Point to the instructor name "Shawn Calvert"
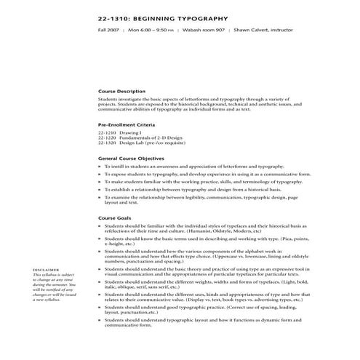[x=257, y=31]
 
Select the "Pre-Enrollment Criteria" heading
[x=127, y=126]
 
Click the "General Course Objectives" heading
[x=130, y=158]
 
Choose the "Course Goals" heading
[x=114, y=218]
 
